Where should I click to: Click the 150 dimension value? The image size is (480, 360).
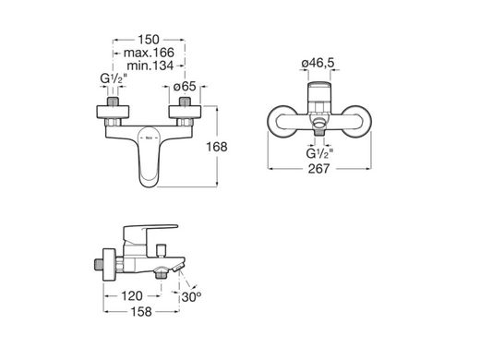click(x=149, y=40)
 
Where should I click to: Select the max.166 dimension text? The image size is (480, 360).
click(x=149, y=53)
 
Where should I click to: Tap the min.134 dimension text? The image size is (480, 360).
click(x=150, y=66)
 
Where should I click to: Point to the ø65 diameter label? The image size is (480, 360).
click(x=185, y=87)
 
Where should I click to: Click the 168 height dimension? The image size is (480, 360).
click(x=217, y=147)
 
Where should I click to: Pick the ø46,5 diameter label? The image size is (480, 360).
click(x=318, y=63)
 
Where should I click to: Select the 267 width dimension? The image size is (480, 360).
click(x=319, y=169)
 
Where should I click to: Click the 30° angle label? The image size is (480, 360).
click(x=191, y=297)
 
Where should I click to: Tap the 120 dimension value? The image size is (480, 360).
click(x=132, y=296)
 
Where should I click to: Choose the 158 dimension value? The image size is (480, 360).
click(x=141, y=312)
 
